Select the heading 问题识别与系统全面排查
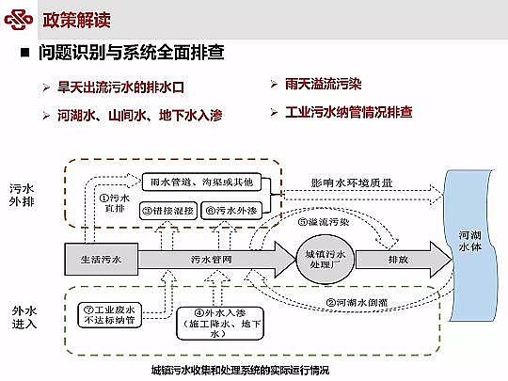[132, 53]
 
